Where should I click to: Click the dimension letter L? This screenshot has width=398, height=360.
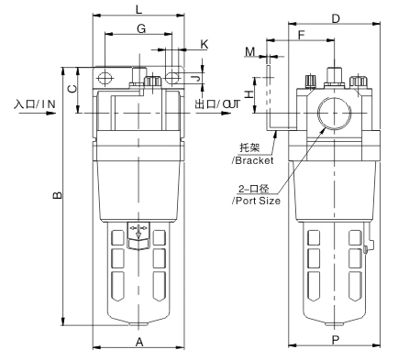[x=139, y=9]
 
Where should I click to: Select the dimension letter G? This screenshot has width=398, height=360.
[x=141, y=28]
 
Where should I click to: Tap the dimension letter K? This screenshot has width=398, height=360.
[x=205, y=45]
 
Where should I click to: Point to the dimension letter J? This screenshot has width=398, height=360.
[x=198, y=78]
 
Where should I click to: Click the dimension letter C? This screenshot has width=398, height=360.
[x=72, y=89]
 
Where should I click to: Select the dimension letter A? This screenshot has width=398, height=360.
[x=139, y=342]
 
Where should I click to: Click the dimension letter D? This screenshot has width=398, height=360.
[x=336, y=19]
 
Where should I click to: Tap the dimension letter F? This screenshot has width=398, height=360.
[x=302, y=36]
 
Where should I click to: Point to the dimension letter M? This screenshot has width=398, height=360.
[x=250, y=52]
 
